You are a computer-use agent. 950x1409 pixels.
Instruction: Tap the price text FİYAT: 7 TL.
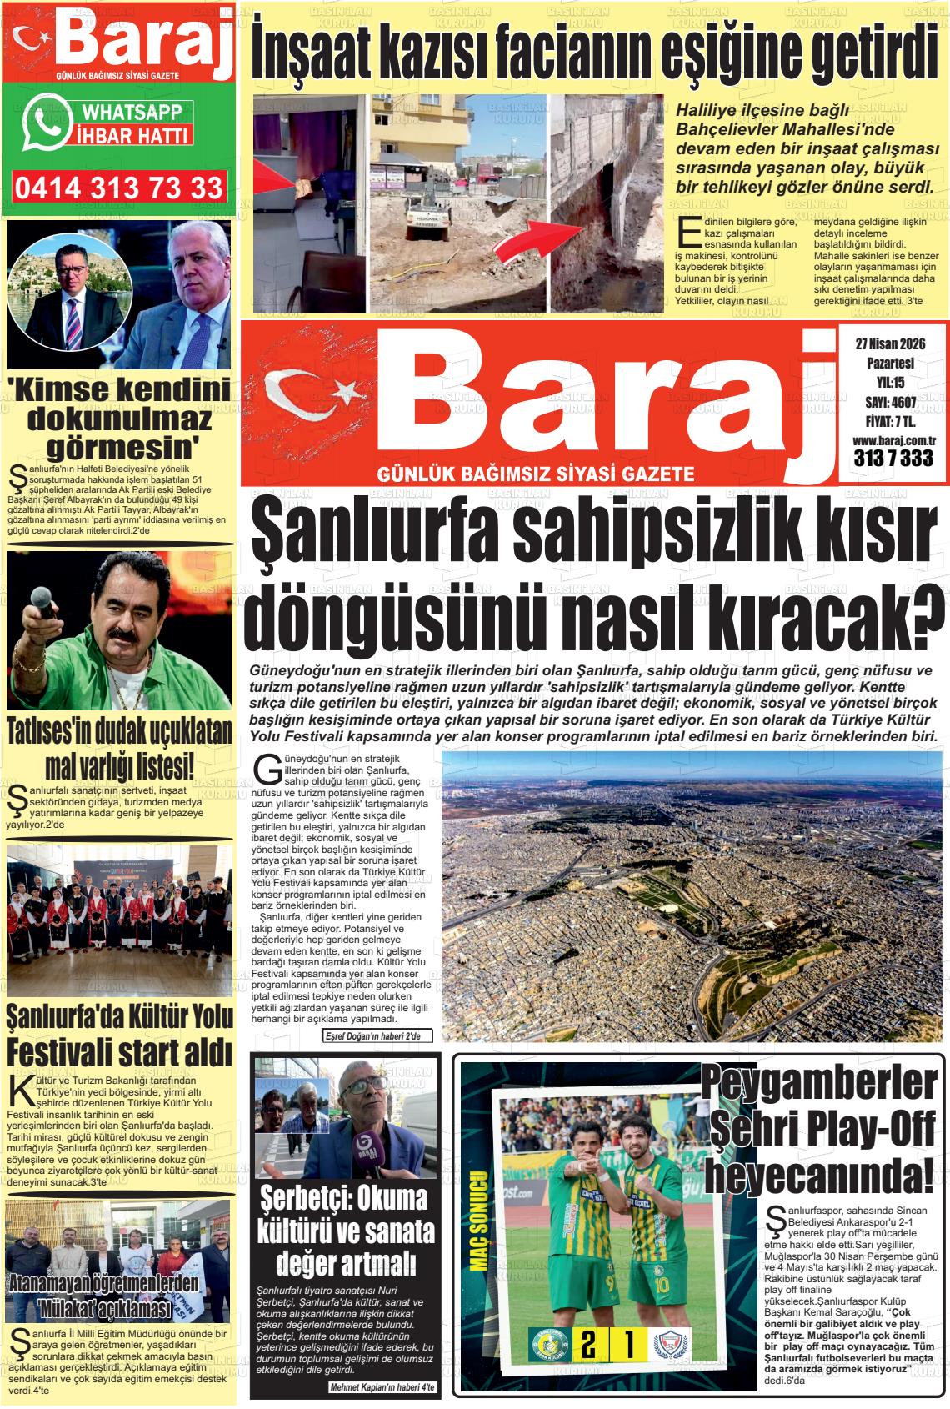(889, 420)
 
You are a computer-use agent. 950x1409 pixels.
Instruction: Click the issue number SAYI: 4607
(889, 402)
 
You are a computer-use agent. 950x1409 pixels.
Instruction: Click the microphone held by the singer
(39, 601)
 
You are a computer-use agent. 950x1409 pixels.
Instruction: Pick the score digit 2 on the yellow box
(587, 1345)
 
